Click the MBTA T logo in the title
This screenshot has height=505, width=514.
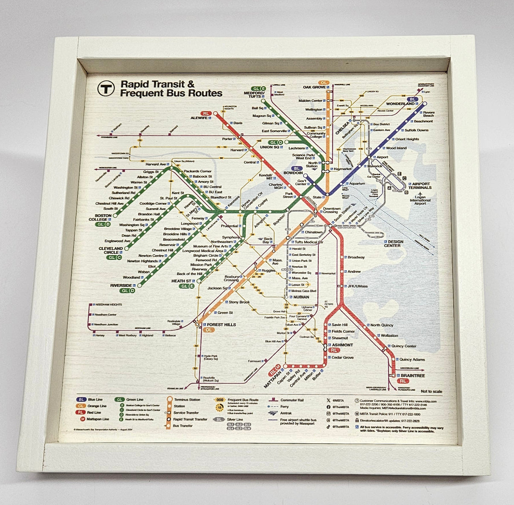[x=106, y=89]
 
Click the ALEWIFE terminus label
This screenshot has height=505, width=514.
[x=199, y=118]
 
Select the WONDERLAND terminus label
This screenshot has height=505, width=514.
[x=400, y=104]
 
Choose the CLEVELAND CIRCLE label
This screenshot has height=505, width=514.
[x=111, y=250]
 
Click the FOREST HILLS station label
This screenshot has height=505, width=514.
[x=221, y=324]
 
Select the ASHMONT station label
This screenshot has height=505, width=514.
[x=342, y=345]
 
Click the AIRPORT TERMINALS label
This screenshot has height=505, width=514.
[x=420, y=185]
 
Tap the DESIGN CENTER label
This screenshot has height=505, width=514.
[x=393, y=244]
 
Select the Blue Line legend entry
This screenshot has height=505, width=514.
[x=95, y=399]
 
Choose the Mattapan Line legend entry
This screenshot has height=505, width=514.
[x=98, y=419]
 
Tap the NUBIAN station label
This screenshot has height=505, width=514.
[x=301, y=297]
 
